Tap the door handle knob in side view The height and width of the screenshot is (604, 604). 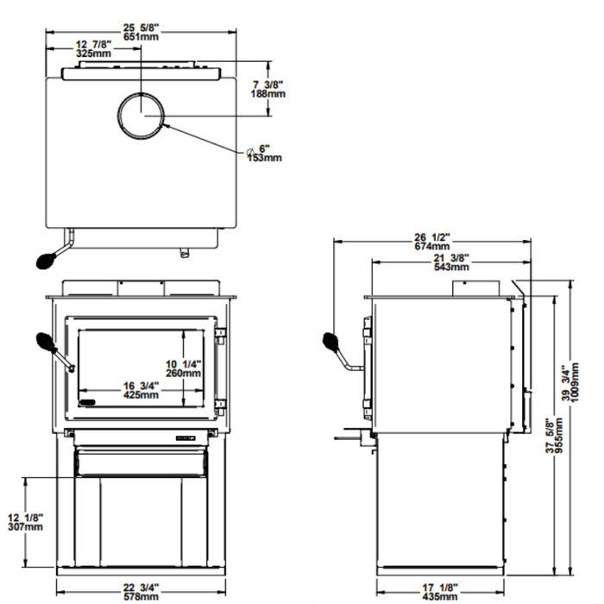pyautogui.click(x=331, y=343)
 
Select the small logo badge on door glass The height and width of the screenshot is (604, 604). pyautogui.click(x=85, y=401)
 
